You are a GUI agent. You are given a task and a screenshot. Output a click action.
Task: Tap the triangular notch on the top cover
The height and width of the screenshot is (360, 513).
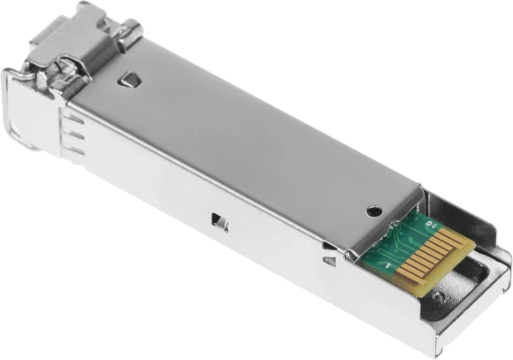(130, 80)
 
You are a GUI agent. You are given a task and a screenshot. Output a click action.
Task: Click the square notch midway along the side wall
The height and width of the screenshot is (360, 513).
(217, 221)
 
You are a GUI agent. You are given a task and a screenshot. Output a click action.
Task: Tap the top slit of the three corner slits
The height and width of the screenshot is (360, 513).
(75, 126)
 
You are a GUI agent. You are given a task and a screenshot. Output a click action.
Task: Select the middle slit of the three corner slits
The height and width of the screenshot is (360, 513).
(76, 140)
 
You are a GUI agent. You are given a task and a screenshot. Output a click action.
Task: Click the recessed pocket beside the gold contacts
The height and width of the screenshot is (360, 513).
(482, 265)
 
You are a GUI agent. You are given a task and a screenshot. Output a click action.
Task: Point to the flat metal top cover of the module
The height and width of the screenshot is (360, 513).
(248, 133)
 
